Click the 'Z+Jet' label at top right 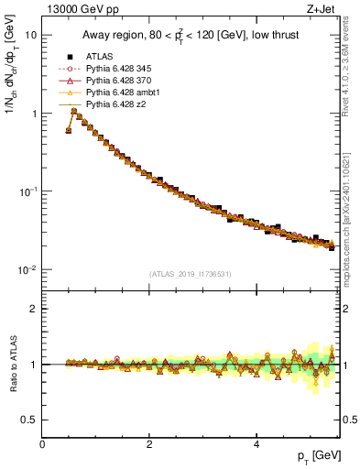click(x=322, y=11)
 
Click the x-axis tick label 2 click(x=149, y=445)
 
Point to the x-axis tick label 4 click(x=256, y=445)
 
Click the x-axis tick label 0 click(x=42, y=445)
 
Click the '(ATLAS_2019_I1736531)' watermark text click(x=190, y=274)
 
